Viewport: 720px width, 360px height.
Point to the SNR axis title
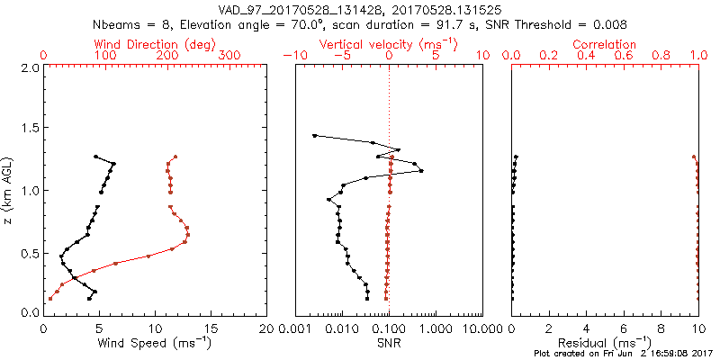point(389,343)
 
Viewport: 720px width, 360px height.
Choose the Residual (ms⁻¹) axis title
point(605,343)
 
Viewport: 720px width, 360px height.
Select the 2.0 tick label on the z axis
point(28,67)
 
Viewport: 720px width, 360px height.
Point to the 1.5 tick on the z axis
point(28,129)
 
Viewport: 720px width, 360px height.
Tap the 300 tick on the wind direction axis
point(229,56)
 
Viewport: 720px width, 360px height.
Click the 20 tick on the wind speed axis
point(266,328)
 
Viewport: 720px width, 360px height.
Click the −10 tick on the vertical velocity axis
point(294,56)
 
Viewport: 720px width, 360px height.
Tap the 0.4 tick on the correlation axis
point(586,56)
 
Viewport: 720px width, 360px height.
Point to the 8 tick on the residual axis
point(661,328)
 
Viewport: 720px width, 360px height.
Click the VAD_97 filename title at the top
point(360,8)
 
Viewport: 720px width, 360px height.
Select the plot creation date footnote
point(623,354)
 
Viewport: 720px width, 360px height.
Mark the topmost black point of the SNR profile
point(314,136)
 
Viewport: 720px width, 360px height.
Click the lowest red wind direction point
point(50,299)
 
